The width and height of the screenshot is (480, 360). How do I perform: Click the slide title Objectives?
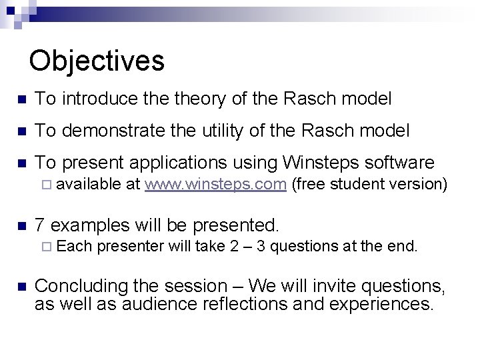coord(97,61)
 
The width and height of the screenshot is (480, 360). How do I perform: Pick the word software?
coord(399,163)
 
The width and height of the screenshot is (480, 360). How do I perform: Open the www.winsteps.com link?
coord(215,185)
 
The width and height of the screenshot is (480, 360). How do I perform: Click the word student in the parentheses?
coord(359,185)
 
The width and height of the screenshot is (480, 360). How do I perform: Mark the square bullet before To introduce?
coord(21,100)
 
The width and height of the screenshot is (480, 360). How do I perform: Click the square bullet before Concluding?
coord(21,287)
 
